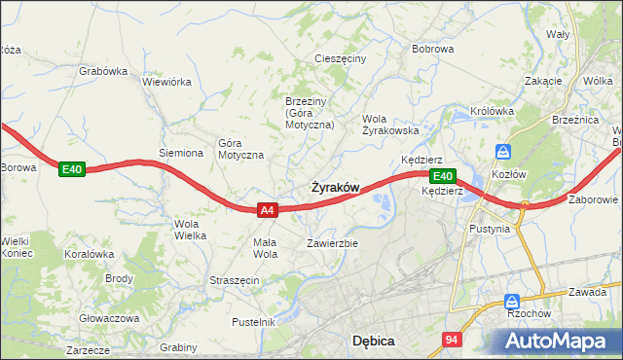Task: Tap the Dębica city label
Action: click(x=372, y=341)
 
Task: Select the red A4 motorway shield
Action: click(x=269, y=209)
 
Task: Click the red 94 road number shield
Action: click(x=451, y=340)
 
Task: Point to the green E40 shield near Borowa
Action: click(x=72, y=169)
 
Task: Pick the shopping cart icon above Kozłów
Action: click(x=503, y=152)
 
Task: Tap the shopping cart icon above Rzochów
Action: click(x=512, y=303)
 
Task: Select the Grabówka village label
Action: click(x=104, y=70)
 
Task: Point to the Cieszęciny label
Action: click(x=340, y=58)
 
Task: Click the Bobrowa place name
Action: click(x=433, y=48)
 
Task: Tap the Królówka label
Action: click(x=492, y=111)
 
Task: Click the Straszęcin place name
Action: click(x=234, y=280)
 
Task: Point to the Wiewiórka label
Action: click(x=166, y=82)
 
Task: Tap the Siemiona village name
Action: click(x=181, y=153)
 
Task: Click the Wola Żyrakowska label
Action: click(x=390, y=124)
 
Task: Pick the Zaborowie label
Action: click(x=592, y=199)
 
